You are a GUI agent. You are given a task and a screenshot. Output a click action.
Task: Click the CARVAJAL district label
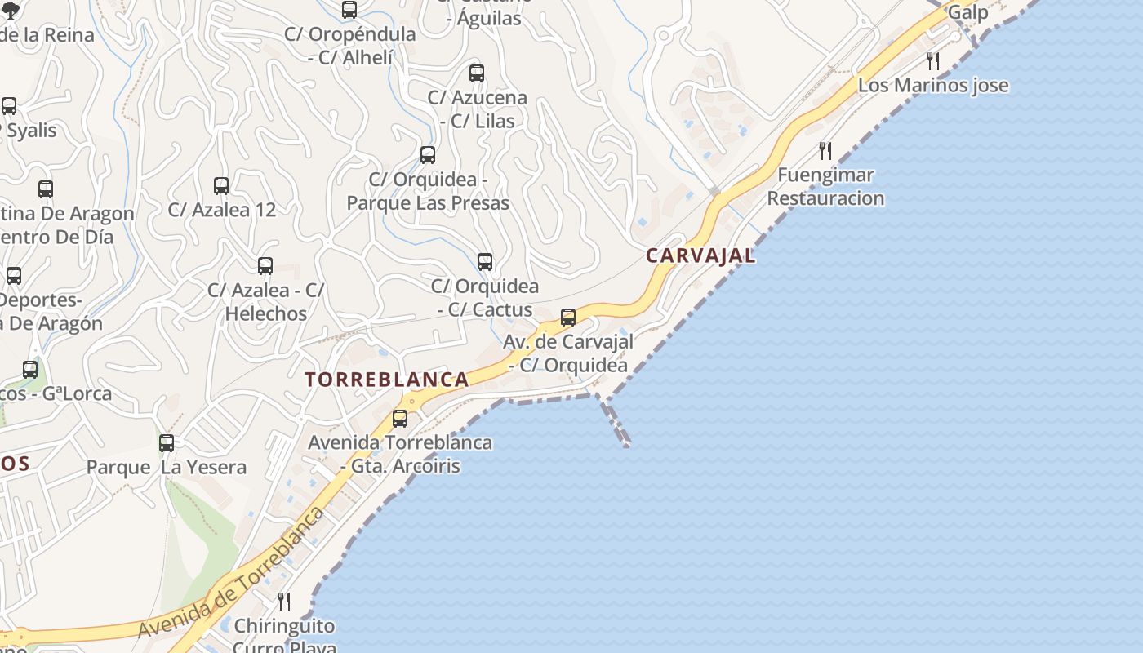(700, 255)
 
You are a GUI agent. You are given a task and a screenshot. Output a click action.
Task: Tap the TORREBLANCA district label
(387, 380)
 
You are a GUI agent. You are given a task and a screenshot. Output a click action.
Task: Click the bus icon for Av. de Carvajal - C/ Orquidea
(568, 318)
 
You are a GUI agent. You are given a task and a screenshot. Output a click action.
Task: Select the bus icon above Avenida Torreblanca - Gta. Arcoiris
(400, 419)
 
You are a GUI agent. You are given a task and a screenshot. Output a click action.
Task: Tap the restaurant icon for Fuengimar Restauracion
(825, 151)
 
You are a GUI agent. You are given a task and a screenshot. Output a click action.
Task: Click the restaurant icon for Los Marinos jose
(933, 61)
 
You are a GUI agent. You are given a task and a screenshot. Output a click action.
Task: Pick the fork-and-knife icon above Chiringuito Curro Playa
(284, 602)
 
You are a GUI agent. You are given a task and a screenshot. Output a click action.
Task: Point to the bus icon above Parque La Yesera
(167, 443)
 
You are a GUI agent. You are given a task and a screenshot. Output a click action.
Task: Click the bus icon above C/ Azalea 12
(221, 186)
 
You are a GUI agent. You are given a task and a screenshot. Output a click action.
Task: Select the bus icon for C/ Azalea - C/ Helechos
(265, 266)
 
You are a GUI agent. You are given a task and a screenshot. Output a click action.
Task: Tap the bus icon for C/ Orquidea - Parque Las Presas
(428, 155)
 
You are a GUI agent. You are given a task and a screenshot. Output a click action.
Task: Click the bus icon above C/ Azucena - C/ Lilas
(477, 73)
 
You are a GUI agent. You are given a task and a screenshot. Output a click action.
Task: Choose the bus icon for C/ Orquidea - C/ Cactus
(485, 262)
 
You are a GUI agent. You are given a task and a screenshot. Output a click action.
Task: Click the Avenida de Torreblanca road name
(232, 576)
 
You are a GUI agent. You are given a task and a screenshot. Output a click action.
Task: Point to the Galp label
(967, 12)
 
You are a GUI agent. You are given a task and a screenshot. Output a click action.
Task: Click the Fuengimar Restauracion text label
(825, 187)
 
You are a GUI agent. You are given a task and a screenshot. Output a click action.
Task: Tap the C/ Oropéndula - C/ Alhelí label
(350, 46)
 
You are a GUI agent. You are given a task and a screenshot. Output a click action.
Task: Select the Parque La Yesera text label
(167, 468)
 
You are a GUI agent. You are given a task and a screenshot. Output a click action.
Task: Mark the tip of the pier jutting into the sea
(626, 445)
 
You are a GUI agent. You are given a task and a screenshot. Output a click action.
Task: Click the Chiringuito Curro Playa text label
(284, 637)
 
